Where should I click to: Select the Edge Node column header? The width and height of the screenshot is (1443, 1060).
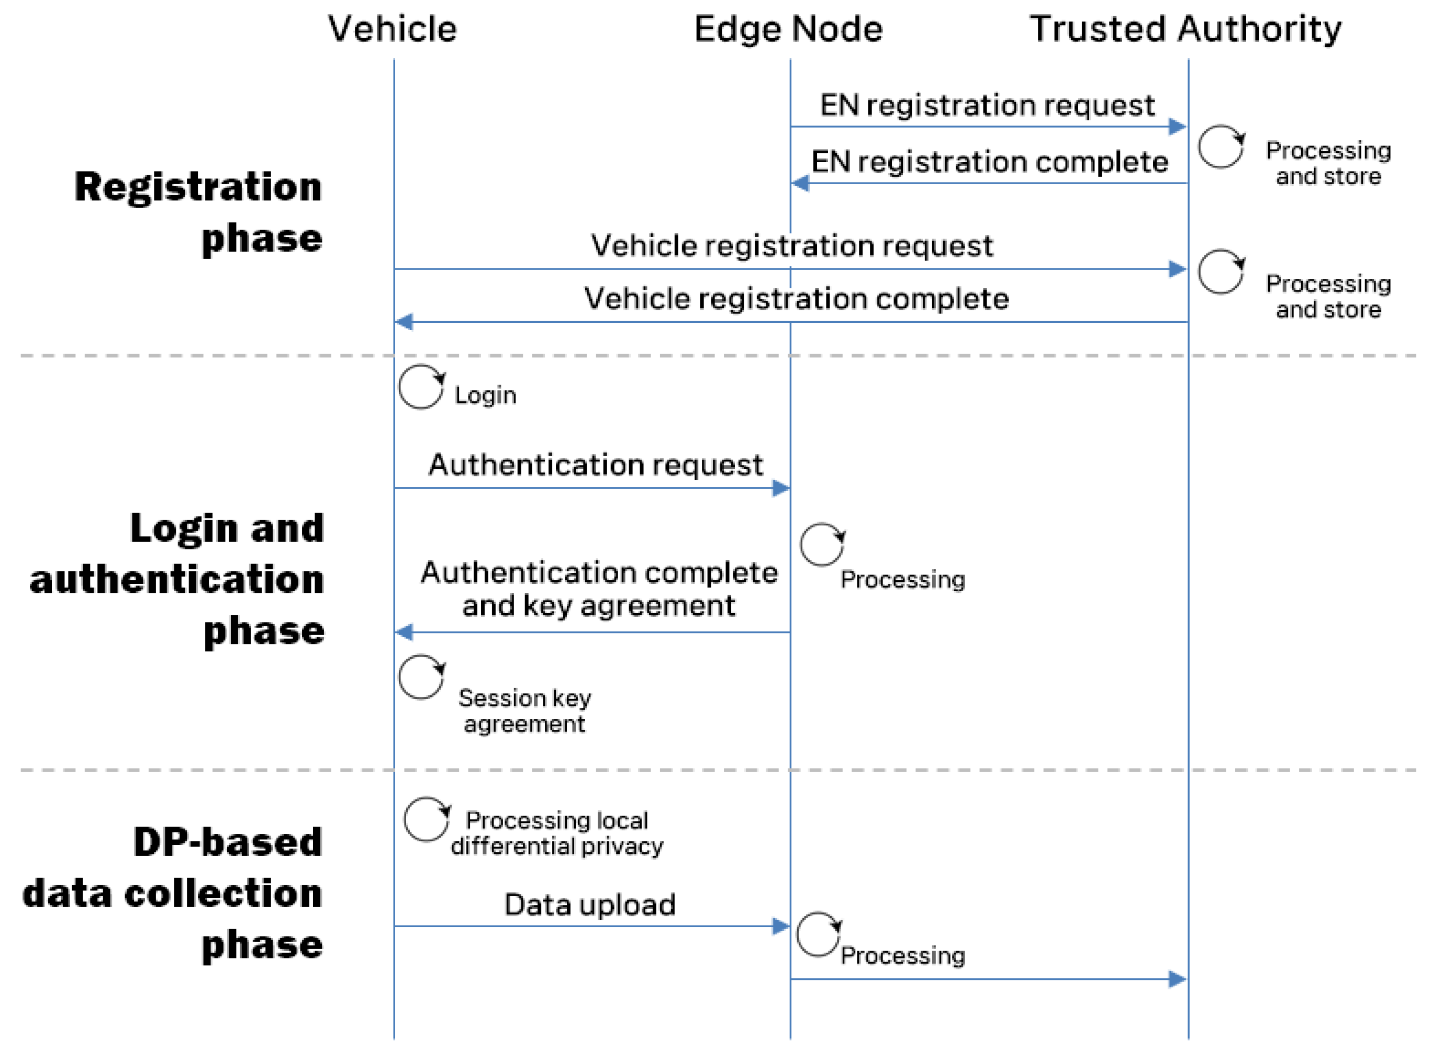point(788,29)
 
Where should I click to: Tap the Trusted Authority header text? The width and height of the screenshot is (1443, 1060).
point(1185,29)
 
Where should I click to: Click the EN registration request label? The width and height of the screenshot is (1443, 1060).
point(987,105)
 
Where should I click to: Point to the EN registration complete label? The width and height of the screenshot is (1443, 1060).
point(989,162)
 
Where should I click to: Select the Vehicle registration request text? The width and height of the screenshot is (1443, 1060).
point(791,246)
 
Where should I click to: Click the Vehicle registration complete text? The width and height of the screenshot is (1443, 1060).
point(796,299)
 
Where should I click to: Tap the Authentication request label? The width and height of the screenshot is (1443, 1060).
point(596,465)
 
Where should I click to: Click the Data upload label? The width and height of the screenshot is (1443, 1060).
point(589,905)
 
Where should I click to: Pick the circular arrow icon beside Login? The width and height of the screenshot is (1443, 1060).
point(421,387)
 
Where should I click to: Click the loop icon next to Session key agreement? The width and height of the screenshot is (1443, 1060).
point(421,677)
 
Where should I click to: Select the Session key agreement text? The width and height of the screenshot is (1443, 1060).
point(524,711)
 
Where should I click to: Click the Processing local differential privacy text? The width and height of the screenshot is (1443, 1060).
point(556,833)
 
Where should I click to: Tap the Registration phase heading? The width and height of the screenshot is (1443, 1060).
point(198,212)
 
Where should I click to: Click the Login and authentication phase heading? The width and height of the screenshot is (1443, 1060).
point(176,579)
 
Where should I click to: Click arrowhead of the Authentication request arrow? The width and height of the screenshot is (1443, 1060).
point(780,488)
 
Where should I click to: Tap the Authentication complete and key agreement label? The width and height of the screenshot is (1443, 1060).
point(598,589)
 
